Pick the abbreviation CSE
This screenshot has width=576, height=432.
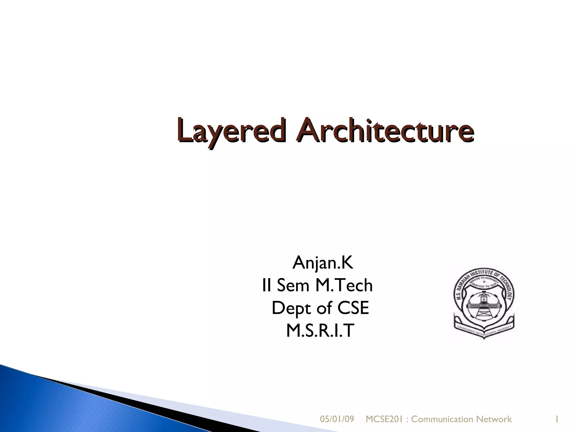353,308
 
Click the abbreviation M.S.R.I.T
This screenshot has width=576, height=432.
319,331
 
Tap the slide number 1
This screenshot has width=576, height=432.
556,419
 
